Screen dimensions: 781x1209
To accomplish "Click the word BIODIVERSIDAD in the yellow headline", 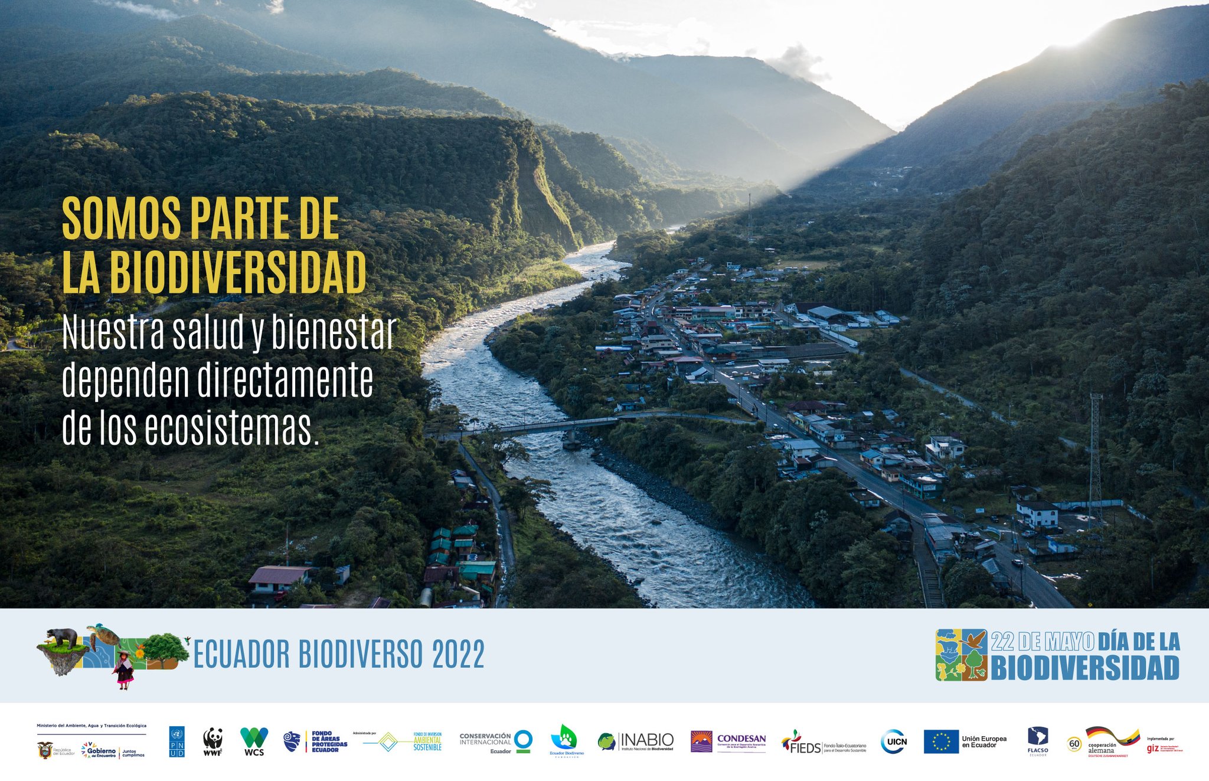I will [237, 273].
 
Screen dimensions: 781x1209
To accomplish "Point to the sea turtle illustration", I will [104, 633].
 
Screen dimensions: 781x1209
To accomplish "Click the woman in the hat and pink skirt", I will [124, 671].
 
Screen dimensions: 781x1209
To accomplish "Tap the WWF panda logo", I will [213, 741].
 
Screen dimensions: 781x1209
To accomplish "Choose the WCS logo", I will [254, 741].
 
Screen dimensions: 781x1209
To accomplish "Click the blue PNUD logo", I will [177, 741].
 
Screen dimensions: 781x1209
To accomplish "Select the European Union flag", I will [941, 741].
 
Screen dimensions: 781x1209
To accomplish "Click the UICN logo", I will [893, 741].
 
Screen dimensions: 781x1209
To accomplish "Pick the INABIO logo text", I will [646, 740].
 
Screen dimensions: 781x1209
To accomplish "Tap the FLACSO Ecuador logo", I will [1037, 740].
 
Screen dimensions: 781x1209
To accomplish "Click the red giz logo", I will [1152, 749].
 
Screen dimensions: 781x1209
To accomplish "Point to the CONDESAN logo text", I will [741, 738].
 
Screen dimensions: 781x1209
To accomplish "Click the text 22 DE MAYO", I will [1042, 642].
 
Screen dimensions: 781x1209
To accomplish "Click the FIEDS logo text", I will [805, 748].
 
